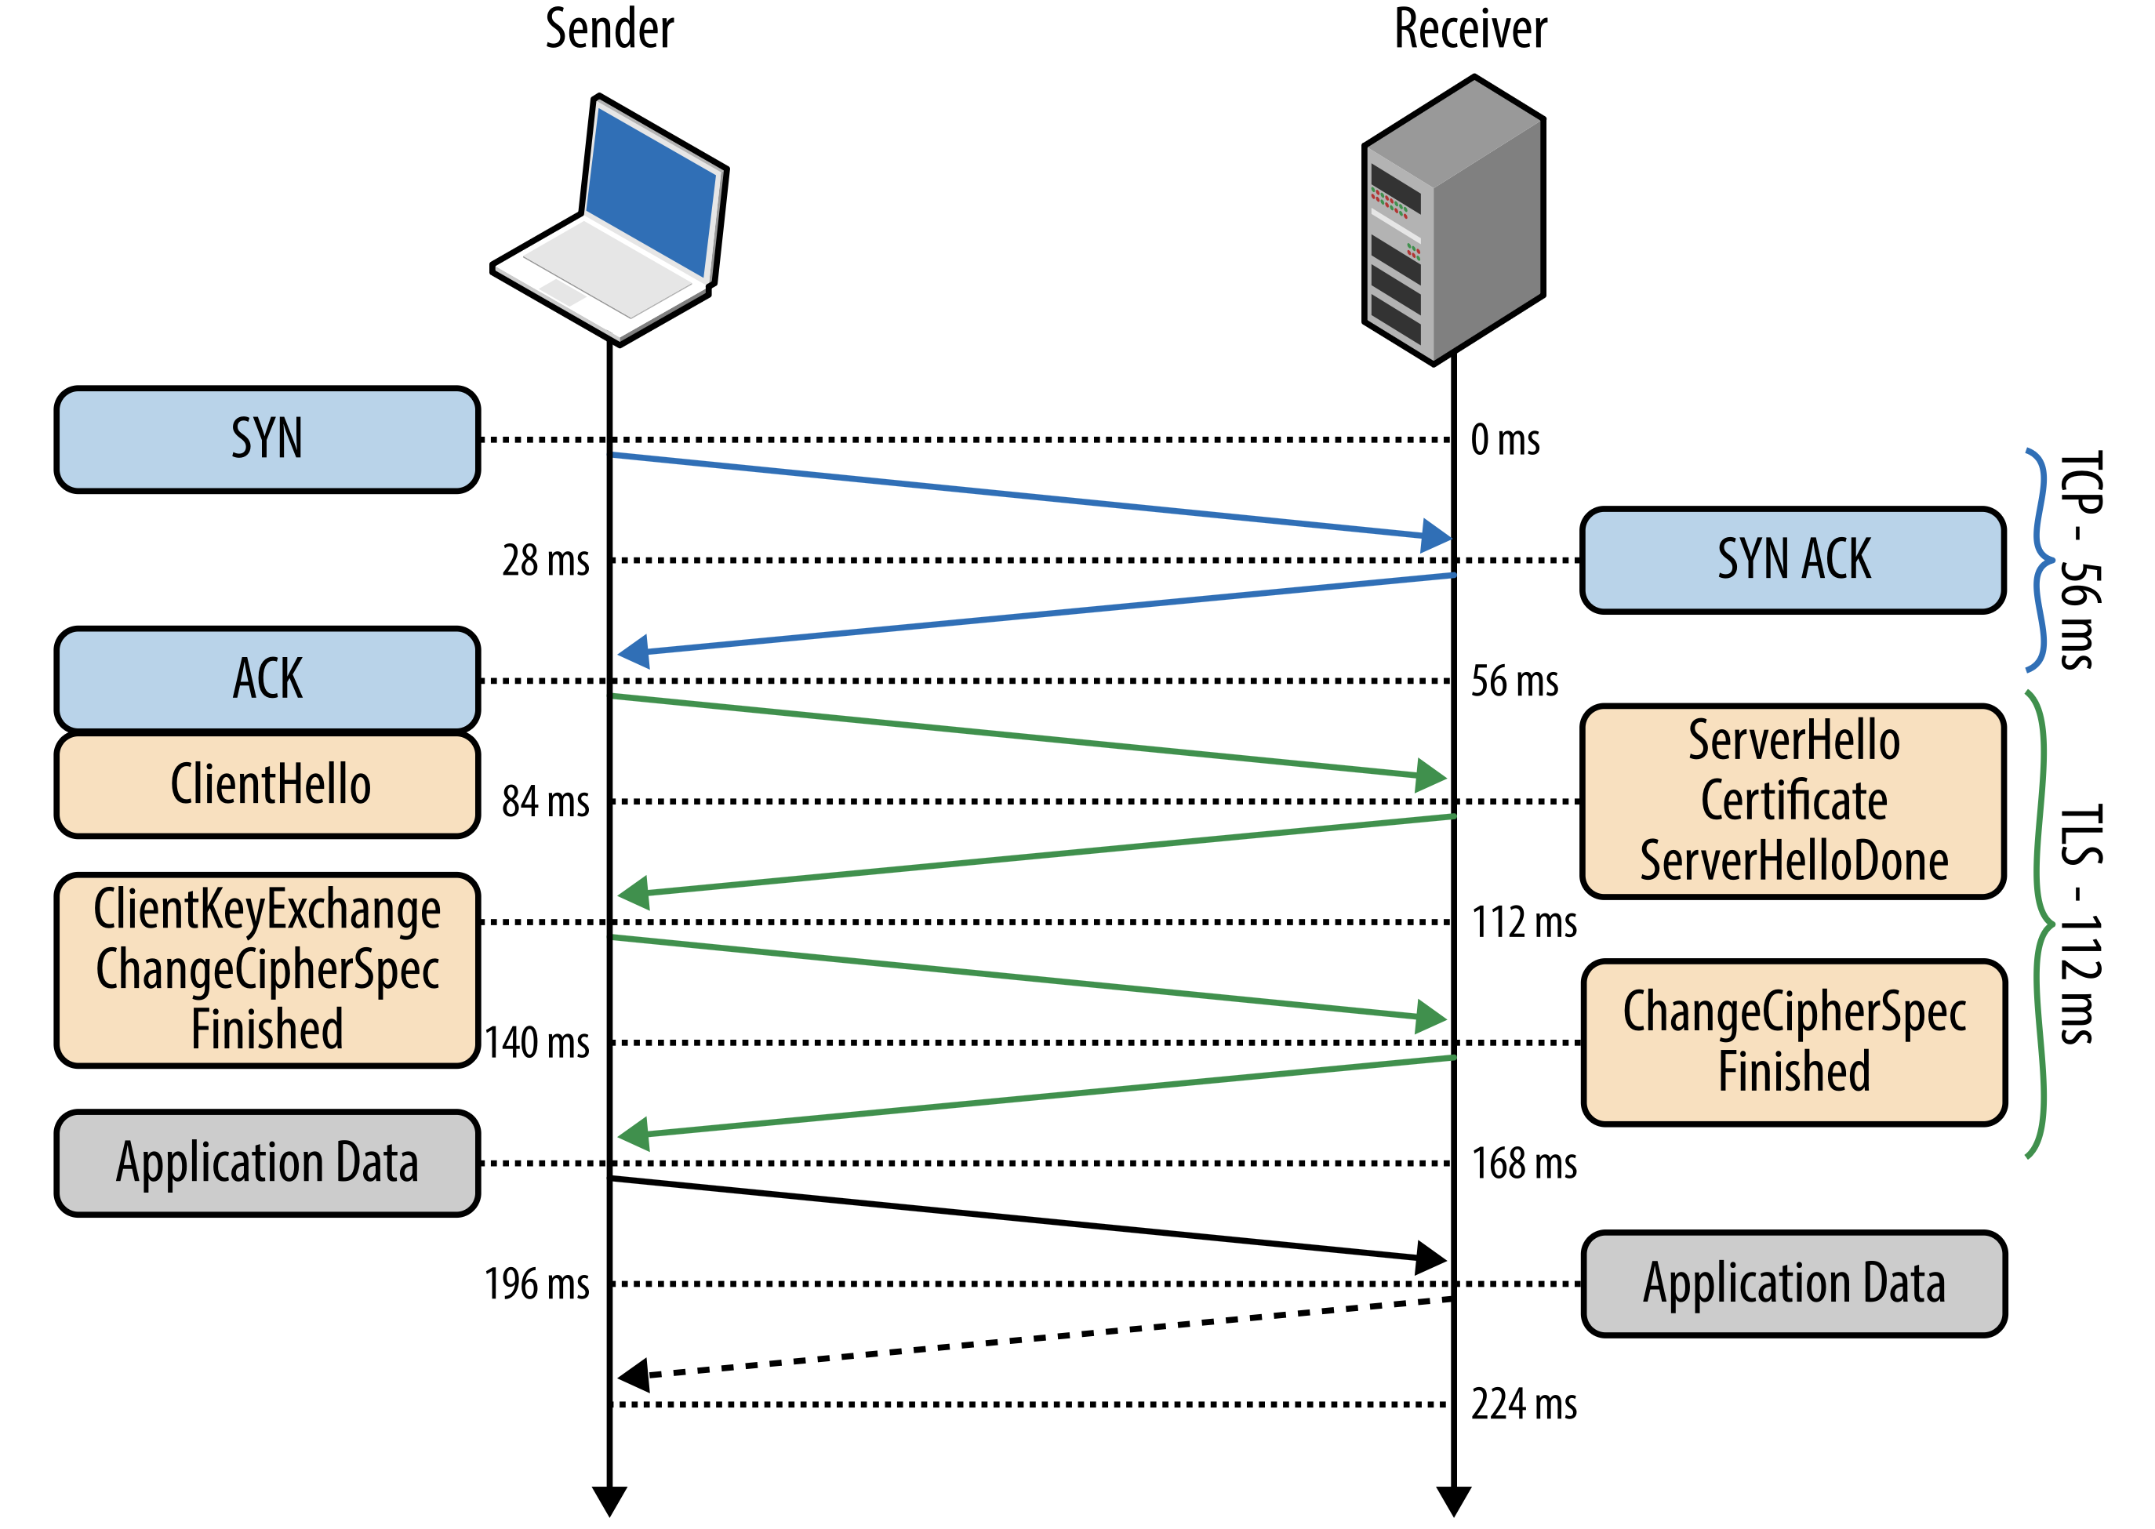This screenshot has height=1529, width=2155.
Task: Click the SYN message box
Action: (267, 440)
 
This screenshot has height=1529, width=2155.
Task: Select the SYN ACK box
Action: (1793, 560)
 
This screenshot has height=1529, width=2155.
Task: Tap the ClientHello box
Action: (267, 785)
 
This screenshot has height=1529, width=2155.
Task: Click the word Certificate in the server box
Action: (1793, 801)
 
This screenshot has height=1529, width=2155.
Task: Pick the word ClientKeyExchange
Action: (267, 910)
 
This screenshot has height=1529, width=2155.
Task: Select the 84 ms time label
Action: (545, 802)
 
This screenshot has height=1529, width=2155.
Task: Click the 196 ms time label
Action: (536, 1284)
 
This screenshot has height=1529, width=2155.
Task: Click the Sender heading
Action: (609, 29)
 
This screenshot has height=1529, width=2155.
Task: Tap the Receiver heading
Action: (1470, 29)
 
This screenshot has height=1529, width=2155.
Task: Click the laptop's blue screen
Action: (652, 192)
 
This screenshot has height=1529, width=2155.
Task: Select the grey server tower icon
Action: (1455, 220)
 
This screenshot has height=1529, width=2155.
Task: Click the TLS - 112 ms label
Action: (2080, 924)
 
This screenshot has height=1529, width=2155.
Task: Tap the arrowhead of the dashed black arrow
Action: (633, 1375)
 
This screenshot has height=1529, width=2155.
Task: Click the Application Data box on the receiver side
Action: (1793, 1284)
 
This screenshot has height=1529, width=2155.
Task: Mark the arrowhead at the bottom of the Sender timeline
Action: (610, 1501)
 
